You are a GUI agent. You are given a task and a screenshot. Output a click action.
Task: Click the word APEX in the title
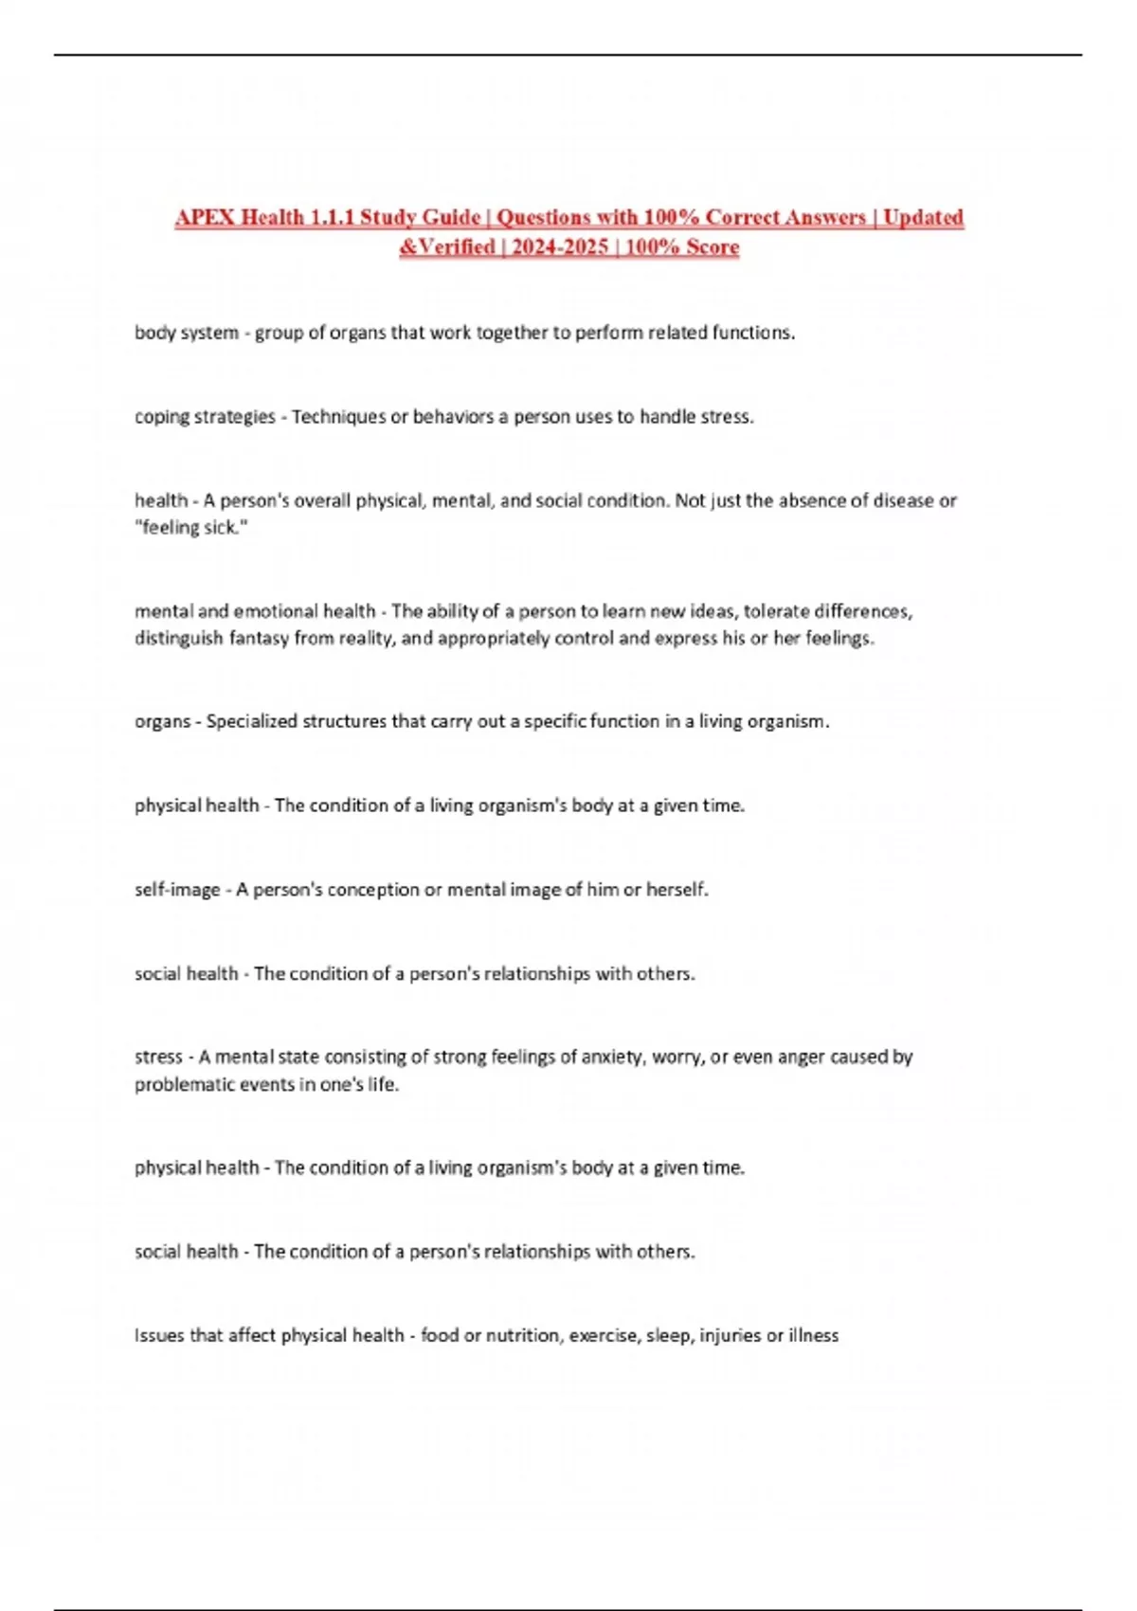[x=205, y=218]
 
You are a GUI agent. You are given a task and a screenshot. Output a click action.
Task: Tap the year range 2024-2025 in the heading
[x=560, y=247]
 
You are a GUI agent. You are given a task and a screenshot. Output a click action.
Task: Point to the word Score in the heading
[x=713, y=247]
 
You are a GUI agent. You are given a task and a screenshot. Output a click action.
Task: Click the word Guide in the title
[x=450, y=218]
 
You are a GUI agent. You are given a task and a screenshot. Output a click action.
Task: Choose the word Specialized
[x=251, y=721]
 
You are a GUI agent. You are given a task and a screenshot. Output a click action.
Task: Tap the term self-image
[x=177, y=890]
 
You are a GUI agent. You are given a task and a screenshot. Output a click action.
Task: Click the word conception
[x=372, y=890]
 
